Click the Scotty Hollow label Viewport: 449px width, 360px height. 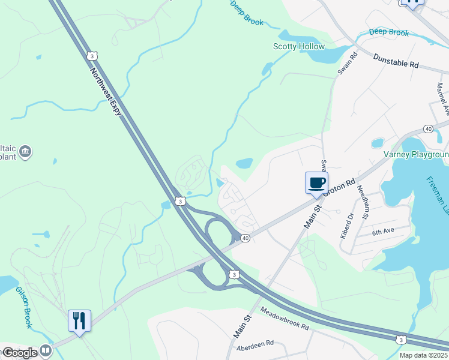298,46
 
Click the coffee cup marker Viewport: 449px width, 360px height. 316,182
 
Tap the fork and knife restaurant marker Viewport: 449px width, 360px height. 79,320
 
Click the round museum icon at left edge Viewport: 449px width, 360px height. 25,151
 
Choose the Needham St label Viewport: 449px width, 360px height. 363,200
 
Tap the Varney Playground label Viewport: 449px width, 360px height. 416,154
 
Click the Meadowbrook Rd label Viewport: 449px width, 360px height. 285,318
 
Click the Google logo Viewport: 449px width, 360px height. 20,352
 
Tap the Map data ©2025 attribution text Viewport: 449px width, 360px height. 424,355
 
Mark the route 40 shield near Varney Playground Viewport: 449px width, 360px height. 428,129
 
